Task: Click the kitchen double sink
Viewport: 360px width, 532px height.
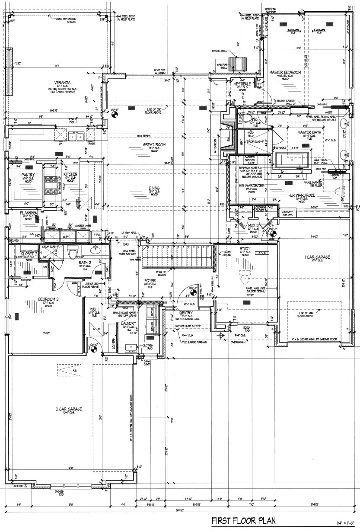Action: click(x=76, y=138)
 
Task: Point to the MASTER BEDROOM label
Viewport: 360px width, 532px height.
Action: click(x=285, y=72)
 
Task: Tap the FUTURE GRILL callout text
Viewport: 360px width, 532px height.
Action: click(x=219, y=51)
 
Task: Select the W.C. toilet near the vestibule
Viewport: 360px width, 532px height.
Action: click(x=248, y=117)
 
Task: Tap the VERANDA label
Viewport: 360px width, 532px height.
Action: click(x=63, y=83)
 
